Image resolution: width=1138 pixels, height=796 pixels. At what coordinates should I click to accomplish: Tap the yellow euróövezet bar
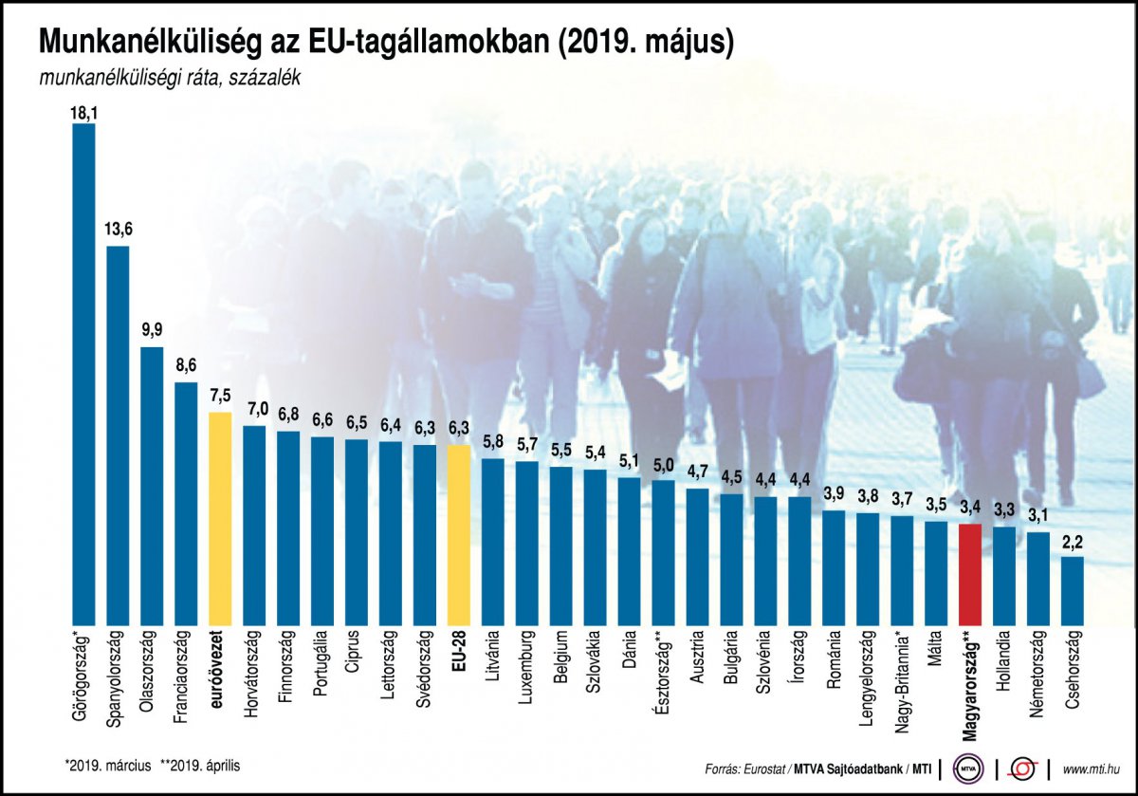[220, 517]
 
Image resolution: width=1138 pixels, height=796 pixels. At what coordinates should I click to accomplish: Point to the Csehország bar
[1073, 588]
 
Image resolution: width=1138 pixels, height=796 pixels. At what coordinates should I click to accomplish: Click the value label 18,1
[83, 112]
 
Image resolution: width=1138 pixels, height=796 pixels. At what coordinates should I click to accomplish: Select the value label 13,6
[118, 231]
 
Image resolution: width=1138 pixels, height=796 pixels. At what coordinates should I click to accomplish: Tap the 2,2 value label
[1073, 543]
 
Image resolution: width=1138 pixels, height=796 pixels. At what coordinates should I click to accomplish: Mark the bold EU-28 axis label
[459, 652]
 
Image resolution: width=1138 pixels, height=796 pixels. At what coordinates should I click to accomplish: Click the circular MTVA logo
[968, 768]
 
